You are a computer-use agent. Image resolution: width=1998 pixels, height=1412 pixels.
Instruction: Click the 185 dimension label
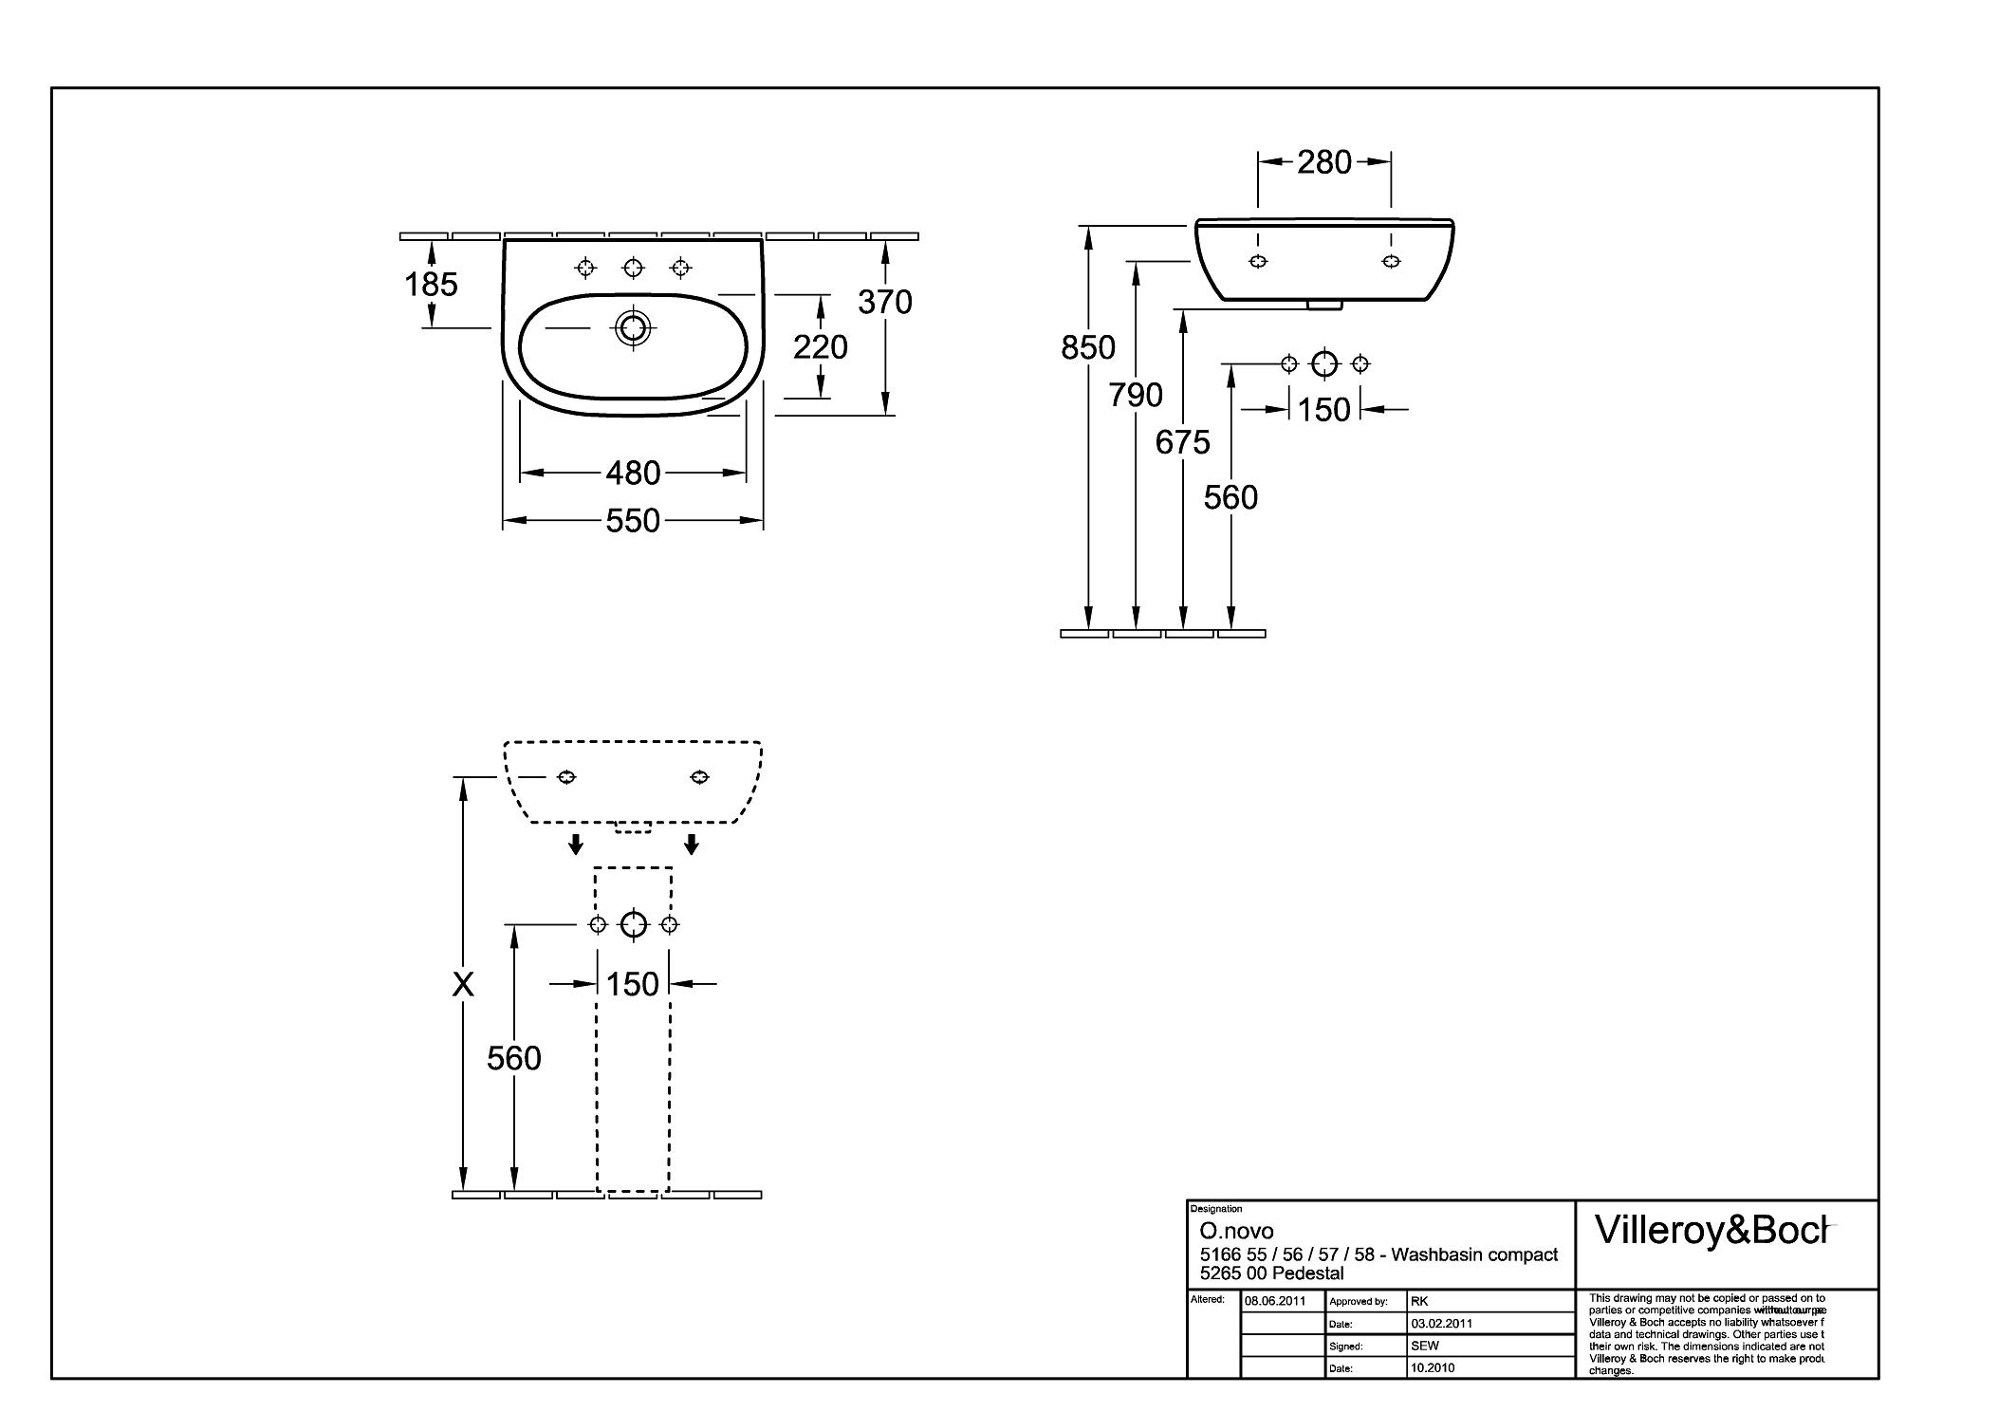pyautogui.click(x=431, y=284)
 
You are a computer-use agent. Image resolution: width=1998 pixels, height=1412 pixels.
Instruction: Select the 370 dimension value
pyautogui.click(x=884, y=302)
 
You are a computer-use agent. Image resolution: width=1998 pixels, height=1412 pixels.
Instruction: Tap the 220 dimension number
pyautogui.click(x=820, y=347)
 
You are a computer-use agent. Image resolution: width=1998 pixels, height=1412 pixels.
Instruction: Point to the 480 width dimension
pyautogui.click(x=633, y=473)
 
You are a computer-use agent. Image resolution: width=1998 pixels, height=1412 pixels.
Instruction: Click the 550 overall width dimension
pyautogui.click(x=633, y=520)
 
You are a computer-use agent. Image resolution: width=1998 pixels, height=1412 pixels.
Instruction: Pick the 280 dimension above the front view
pyautogui.click(x=1323, y=162)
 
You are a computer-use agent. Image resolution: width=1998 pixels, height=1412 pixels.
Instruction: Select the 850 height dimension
pyautogui.click(x=1087, y=348)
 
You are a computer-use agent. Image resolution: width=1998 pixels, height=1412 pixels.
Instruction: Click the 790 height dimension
pyautogui.click(x=1136, y=395)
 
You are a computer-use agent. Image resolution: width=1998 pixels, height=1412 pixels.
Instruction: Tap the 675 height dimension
pyautogui.click(x=1182, y=442)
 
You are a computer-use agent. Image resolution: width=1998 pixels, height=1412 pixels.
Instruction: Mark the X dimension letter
pyautogui.click(x=463, y=985)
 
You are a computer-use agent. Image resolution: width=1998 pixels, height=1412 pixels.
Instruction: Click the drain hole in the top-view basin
pyautogui.click(x=633, y=328)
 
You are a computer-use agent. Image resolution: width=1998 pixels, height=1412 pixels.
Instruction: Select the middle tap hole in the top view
pyautogui.click(x=633, y=269)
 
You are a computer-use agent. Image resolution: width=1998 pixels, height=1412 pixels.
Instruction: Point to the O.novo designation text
pyautogui.click(x=1236, y=1232)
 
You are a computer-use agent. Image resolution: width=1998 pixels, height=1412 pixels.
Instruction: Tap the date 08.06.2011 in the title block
pyautogui.click(x=1275, y=1301)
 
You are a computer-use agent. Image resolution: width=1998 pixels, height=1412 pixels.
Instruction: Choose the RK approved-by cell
pyautogui.click(x=1419, y=1302)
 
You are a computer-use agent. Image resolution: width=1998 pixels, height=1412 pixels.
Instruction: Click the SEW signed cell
pyautogui.click(x=1425, y=1346)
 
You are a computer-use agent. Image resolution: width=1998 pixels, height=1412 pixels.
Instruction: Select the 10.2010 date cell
pyautogui.click(x=1433, y=1367)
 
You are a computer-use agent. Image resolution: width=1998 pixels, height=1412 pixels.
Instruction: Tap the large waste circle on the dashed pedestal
pyautogui.click(x=633, y=924)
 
